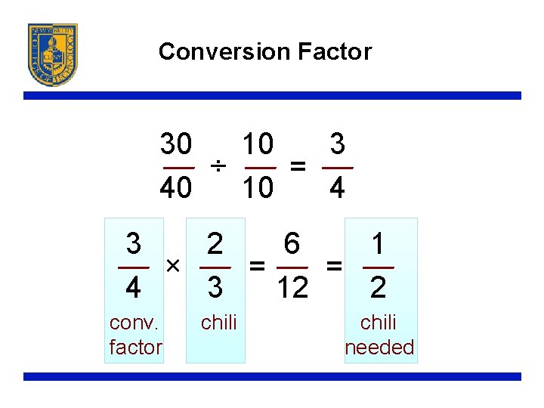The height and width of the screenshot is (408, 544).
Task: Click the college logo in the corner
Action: pos(53,54)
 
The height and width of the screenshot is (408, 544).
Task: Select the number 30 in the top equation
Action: pos(176,143)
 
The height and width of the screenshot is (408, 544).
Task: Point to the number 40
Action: pos(176,188)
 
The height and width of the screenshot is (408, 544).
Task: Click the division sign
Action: pos(218,166)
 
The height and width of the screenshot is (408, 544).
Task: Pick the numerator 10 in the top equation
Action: pos(258,143)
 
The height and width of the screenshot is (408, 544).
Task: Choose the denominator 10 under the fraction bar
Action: pos(258,188)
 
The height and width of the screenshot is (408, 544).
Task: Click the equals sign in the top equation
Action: pos(299,166)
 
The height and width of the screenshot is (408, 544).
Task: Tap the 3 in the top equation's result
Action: pos(338,143)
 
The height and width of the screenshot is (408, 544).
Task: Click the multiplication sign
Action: pos(172,266)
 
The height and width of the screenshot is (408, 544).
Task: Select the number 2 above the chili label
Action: pos(215,244)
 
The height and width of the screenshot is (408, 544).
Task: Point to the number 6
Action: pos(292,244)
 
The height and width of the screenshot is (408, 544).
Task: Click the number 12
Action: pos(292,288)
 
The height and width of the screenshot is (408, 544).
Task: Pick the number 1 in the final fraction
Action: pos(379,244)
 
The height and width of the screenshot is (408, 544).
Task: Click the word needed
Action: pos(379,348)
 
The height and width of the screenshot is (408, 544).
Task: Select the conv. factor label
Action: pos(134,335)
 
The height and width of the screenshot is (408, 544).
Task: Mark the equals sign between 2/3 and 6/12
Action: pos(258,266)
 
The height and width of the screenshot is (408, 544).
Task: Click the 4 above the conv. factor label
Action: pos(133,288)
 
